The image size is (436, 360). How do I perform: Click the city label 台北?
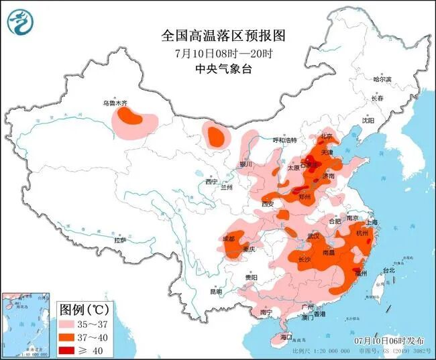point(388,270)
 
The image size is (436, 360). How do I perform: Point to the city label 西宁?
point(212,182)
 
